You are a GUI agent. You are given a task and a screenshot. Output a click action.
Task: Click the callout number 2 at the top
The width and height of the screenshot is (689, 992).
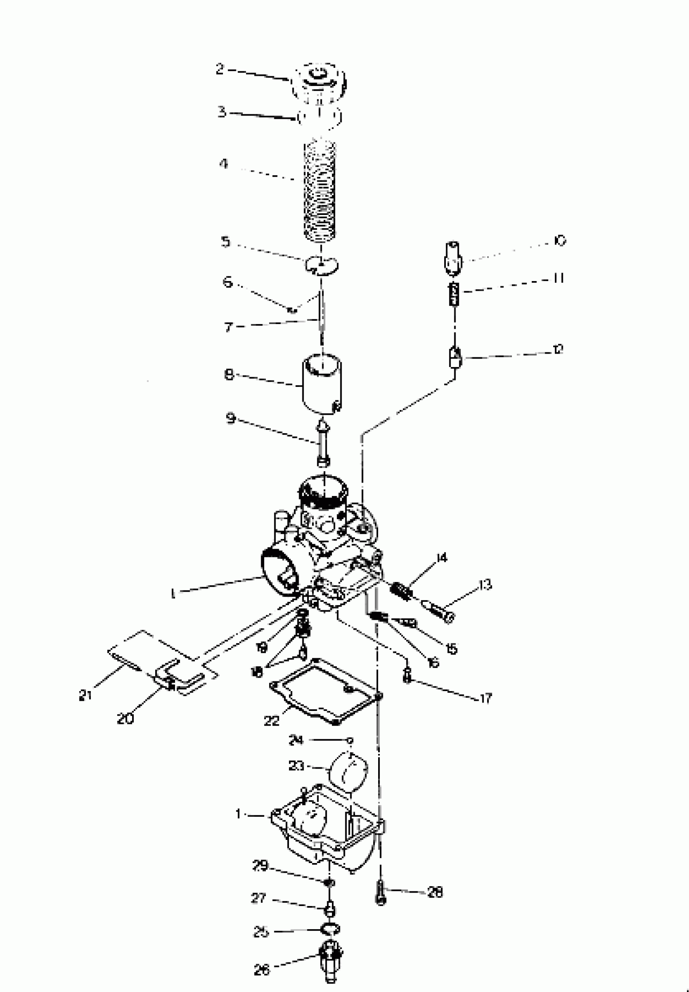[x=220, y=69]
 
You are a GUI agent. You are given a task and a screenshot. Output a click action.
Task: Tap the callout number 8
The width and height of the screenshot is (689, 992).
[x=229, y=374]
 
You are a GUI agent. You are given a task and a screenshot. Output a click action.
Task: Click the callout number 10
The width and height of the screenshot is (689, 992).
[x=560, y=240]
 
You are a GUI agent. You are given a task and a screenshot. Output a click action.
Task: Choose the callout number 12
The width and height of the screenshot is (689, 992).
[x=558, y=349]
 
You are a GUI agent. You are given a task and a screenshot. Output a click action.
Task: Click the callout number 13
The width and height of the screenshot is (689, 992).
[x=485, y=585]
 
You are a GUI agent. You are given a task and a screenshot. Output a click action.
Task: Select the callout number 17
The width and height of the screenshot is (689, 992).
[x=486, y=698]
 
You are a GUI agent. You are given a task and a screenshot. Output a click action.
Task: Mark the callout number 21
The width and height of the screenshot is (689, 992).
[x=85, y=695]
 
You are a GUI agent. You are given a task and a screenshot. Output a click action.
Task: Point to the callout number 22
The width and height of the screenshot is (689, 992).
[x=272, y=720]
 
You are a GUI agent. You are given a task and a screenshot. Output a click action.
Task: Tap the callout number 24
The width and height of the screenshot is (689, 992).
[x=296, y=740]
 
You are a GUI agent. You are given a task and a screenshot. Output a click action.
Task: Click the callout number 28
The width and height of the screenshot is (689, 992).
[x=435, y=892]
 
